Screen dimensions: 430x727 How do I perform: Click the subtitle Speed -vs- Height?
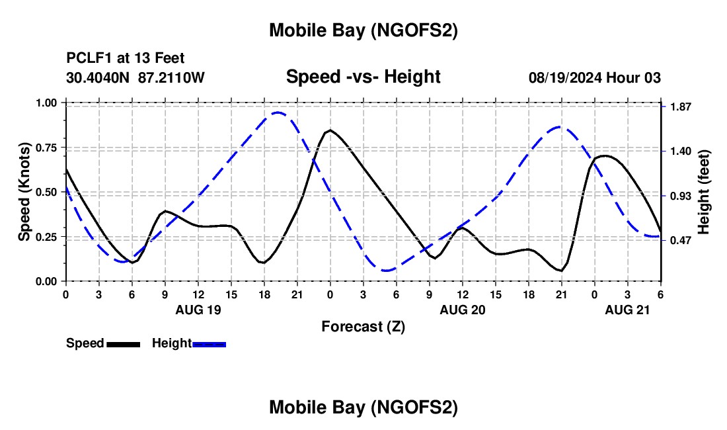[x=363, y=77]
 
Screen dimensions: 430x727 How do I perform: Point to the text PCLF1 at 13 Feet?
[x=126, y=58]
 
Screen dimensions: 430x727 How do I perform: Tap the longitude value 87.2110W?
[x=172, y=78]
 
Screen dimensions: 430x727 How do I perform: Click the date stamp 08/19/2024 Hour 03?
[x=595, y=78]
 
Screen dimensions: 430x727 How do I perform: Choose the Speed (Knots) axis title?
[x=24, y=192]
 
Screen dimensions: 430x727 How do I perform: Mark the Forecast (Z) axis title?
[x=363, y=326]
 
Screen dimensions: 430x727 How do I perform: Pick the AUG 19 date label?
[x=198, y=310]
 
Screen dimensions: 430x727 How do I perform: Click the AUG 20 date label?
[x=463, y=310]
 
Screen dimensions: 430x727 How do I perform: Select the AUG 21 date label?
[x=628, y=310]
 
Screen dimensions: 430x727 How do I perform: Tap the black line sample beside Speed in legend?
[x=123, y=343]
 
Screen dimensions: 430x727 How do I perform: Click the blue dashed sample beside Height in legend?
[x=209, y=343]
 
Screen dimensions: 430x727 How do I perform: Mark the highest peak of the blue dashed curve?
[x=278, y=112]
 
